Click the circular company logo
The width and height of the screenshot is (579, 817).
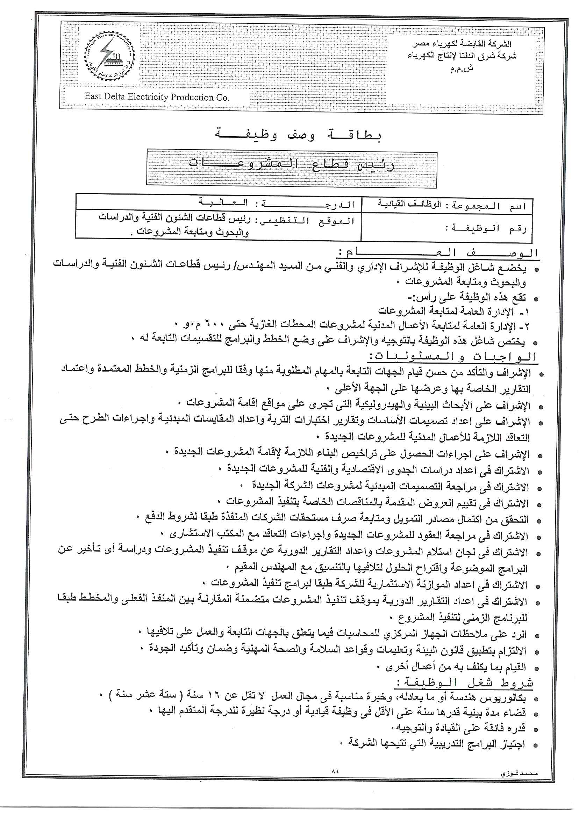(x=110, y=57)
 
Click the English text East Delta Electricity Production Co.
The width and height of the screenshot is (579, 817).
(x=157, y=97)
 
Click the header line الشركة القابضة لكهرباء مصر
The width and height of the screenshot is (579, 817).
(x=462, y=44)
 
